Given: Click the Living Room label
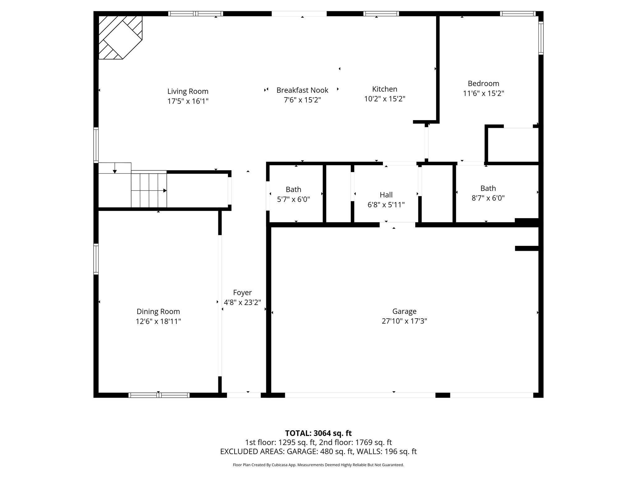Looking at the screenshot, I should point(188,91).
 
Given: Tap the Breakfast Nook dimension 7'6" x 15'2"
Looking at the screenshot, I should point(302,100).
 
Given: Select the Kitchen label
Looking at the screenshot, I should point(385,89).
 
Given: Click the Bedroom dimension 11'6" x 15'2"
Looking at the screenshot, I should point(483,93).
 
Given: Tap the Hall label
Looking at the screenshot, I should point(386,195).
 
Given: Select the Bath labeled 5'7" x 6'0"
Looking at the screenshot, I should point(293,194).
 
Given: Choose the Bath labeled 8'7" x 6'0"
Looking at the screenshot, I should point(488,193).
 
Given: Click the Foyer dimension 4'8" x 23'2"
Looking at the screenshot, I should point(242,302).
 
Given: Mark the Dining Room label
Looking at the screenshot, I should point(158,312).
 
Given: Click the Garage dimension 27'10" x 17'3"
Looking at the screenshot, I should point(404,321).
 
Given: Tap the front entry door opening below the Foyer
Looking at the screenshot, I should point(244,395).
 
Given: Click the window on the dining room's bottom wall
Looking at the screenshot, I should point(159,395).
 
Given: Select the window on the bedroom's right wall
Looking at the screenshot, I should point(541,38).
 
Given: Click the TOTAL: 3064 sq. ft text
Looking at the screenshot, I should point(318,433).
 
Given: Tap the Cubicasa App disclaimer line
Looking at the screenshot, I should point(318,465).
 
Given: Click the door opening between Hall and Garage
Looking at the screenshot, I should point(397,224).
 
